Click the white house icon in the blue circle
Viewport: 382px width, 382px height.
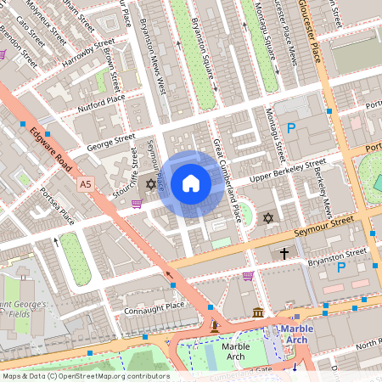pos(191,183)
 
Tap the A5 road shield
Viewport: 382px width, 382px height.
pos(85,183)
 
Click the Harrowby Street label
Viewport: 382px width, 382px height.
pos(92,51)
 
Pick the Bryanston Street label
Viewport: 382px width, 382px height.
pos(338,252)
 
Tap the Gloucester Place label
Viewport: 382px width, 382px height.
pos(323,42)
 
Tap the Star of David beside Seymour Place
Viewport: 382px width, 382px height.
pos(152,184)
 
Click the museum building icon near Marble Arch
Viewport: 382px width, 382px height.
pos(257,314)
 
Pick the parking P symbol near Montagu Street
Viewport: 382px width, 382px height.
pos(291,128)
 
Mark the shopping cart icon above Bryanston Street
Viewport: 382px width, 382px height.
pos(247,275)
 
